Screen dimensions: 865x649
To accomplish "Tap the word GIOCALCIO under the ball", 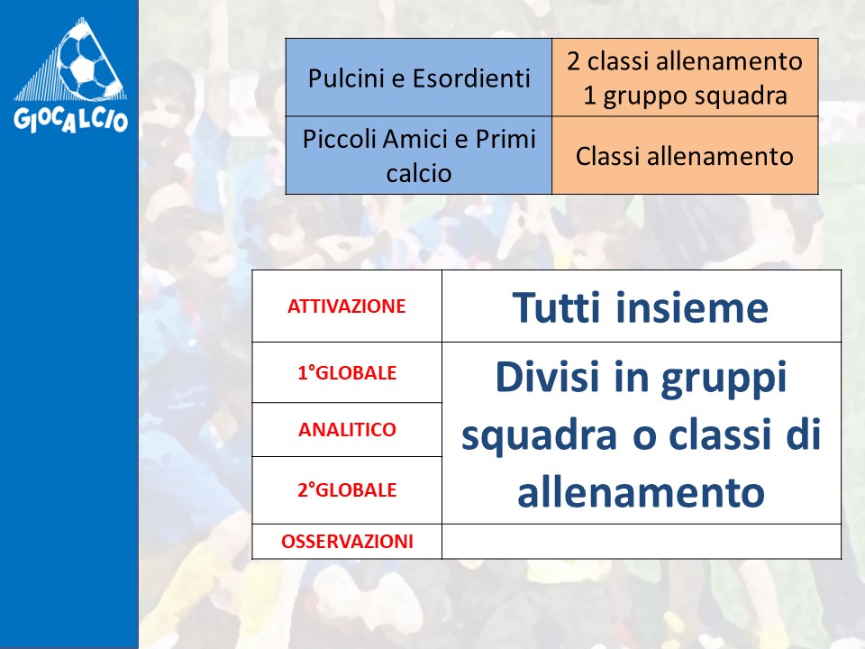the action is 70,119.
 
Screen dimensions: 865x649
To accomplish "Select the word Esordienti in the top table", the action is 471,78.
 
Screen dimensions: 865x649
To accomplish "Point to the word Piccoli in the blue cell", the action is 340,139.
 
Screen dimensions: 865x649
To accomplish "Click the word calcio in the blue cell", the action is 419,173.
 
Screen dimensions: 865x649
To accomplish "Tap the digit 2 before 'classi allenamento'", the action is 574,61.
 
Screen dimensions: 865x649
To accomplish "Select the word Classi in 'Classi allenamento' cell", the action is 607,156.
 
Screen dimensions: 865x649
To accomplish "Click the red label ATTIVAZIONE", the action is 346,306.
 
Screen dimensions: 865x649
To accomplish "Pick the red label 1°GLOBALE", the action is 347,373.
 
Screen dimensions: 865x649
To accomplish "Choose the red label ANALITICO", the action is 347,430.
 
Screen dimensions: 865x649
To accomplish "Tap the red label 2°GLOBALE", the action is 347,490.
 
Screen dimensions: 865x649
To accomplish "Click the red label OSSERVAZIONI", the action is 347,542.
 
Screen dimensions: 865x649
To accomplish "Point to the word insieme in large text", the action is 692,306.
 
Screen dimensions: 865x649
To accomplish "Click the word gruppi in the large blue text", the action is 724,379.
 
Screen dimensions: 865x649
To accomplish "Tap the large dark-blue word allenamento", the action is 641,492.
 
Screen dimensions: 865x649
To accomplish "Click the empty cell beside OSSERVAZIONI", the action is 642,542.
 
